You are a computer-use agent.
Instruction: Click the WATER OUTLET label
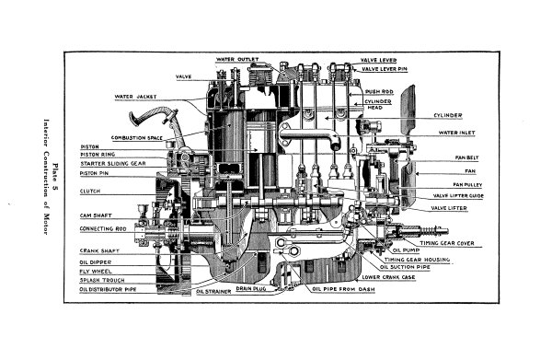pos(236,60)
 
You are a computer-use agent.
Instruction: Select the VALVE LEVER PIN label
pos(386,69)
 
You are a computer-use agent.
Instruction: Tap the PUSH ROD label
pos(379,92)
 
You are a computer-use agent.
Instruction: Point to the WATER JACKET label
pos(135,96)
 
